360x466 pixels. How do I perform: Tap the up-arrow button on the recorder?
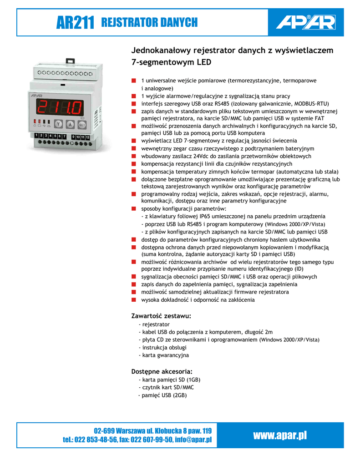[x=70, y=124]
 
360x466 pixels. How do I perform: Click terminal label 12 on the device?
[x=87, y=137]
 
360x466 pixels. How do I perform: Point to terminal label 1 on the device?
[x=36, y=136]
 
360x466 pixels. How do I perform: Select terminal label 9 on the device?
[x=73, y=137]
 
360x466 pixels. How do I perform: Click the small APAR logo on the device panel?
[x=36, y=96]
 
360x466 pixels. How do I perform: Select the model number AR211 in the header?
[x=75, y=23]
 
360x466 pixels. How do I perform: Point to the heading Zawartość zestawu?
[x=161, y=316]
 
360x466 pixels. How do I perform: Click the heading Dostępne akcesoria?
[x=162, y=371]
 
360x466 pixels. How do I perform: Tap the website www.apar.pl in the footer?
[x=280, y=436]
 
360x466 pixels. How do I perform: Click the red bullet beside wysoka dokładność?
[x=134, y=300]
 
